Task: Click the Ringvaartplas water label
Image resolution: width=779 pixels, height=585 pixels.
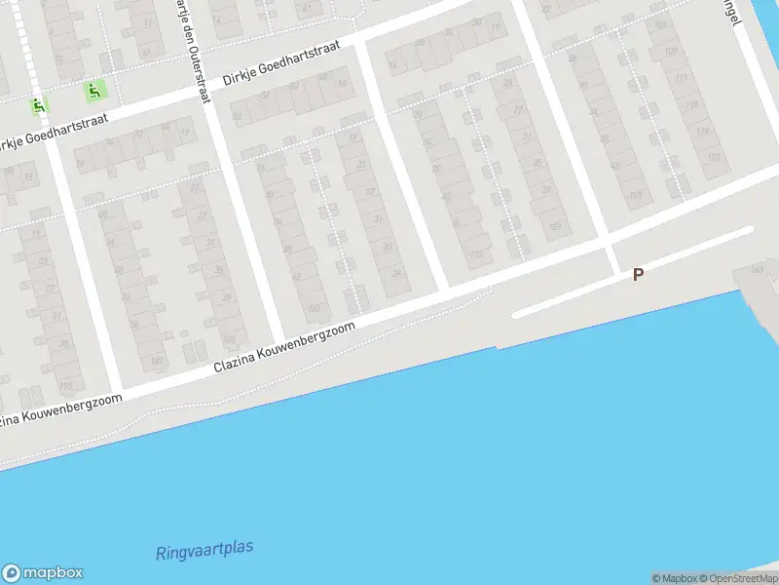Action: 204,550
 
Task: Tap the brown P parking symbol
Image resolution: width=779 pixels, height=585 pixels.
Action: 638,275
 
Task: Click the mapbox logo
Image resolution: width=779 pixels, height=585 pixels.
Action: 43,573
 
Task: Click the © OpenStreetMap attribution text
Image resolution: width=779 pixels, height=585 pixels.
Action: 739,578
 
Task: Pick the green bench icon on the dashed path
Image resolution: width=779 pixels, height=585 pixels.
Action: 94,92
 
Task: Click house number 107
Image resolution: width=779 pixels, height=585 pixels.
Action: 670,52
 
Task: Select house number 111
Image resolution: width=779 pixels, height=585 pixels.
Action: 681,78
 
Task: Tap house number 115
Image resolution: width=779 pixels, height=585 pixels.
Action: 691,104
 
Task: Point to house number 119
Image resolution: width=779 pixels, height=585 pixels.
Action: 702,131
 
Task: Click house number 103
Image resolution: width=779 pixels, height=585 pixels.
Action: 660,24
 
